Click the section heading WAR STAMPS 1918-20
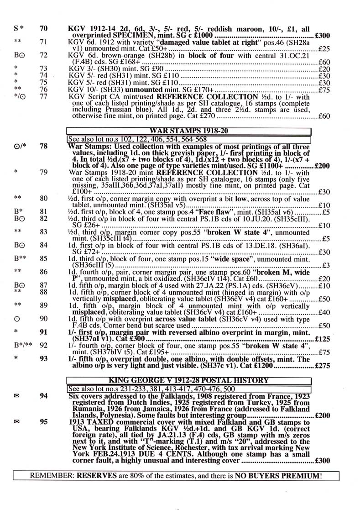(x=188, y=131)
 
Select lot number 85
(x=44, y=258)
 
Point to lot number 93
(x=44, y=358)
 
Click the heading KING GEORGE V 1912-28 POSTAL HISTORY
(x=188, y=380)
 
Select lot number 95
(x=44, y=422)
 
